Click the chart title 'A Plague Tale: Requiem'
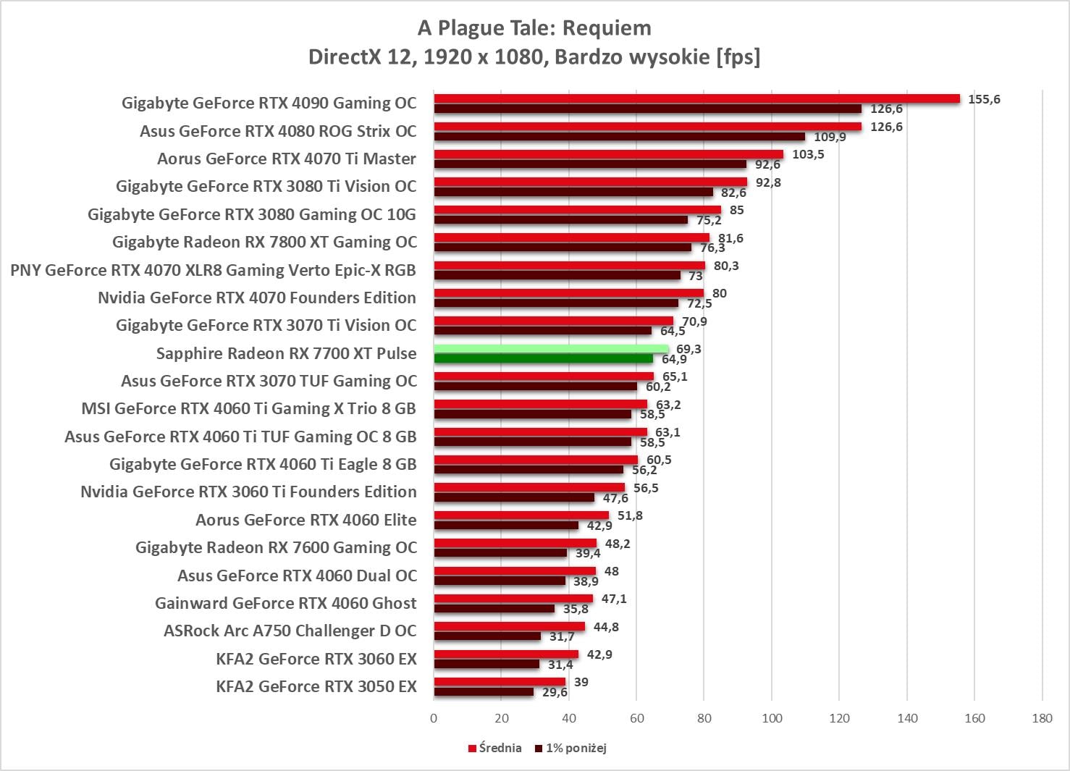pos(534,28)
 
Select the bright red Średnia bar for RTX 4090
pos(696,98)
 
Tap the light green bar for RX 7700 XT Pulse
pos(551,349)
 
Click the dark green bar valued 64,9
pos(543,358)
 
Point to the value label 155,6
pos(984,99)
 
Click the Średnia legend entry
pos(495,748)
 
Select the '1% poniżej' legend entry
pos(571,748)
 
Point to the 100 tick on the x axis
pos(772,718)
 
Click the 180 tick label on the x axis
pos(1042,718)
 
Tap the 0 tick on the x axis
pos(434,718)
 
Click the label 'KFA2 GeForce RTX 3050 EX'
pos(316,686)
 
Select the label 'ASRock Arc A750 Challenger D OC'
pos(290,631)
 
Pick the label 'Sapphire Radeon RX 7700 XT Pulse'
pos(286,353)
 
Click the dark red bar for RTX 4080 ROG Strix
pos(619,136)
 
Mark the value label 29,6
pos(555,692)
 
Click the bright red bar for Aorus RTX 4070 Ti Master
pos(608,154)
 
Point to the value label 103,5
pos(808,154)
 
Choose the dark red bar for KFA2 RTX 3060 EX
pos(486,664)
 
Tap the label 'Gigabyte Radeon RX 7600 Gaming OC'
pos(276,547)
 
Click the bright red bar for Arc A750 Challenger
pos(509,626)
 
